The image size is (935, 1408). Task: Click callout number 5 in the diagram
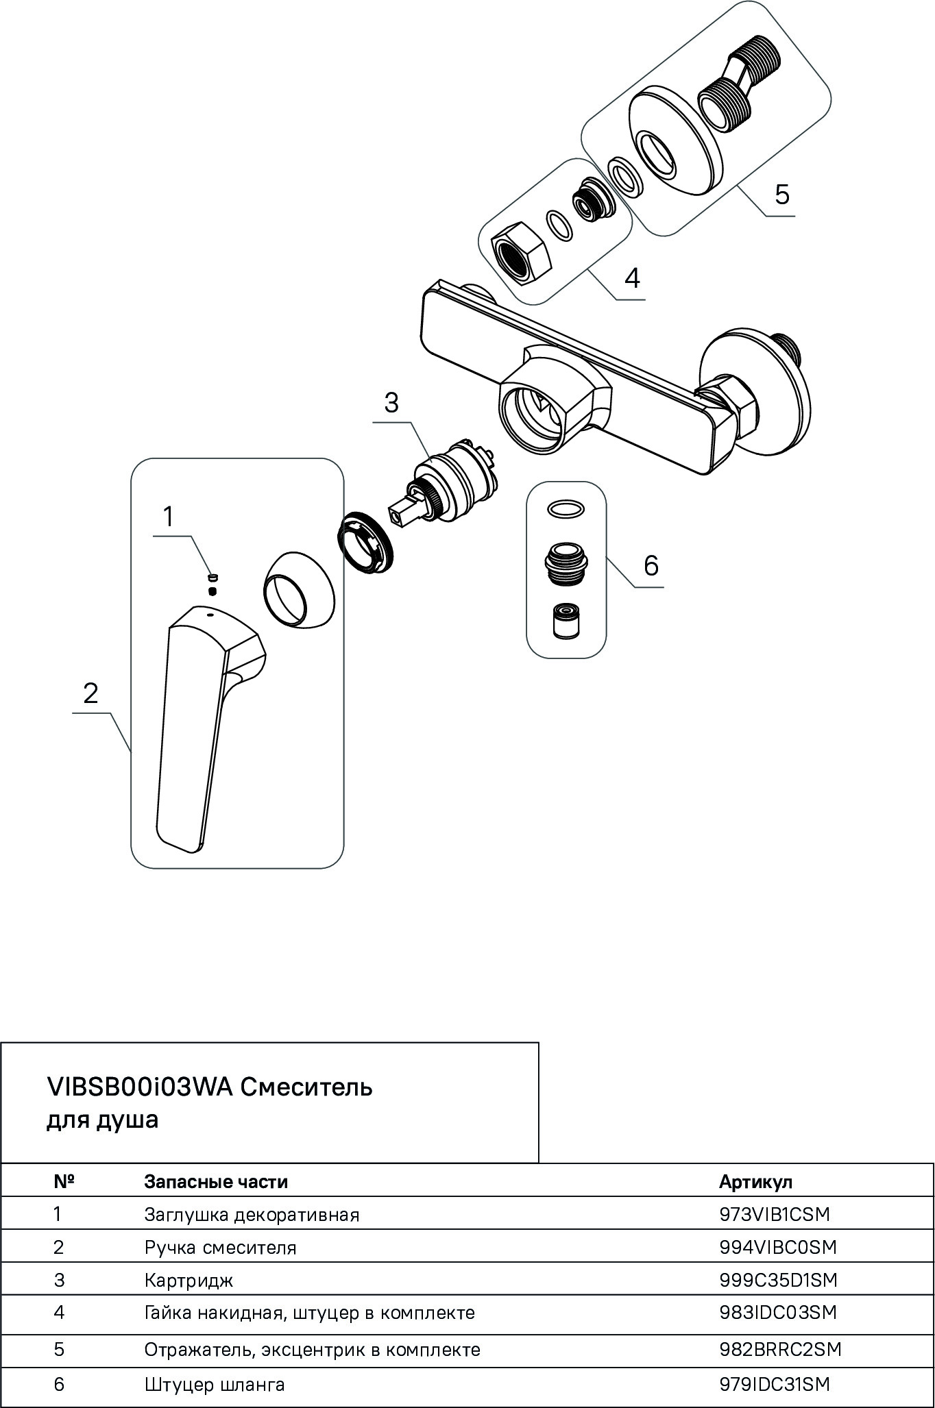click(x=781, y=195)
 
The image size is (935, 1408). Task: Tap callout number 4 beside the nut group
click(x=631, y=279)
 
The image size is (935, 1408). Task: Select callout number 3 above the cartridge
click(x=391, y=403)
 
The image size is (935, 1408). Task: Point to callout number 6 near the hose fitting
click(x=651, y=566)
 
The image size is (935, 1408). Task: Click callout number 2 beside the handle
click(x=90, y=693)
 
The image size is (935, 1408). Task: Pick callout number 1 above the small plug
click(x=168, y=517)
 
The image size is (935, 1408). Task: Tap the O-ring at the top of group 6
click(x=566, y=509)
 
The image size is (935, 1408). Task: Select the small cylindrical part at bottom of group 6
click(x=566, y=622)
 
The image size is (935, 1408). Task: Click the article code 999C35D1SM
click(x=778, y=1280)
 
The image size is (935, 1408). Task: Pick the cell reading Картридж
click(x=189, y=1280)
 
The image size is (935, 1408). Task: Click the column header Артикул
click(x=755, y=1181)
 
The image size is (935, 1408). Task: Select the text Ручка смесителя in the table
click(x=220, y=1247)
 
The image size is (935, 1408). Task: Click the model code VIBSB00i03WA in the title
click(x=140, y=1087)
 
